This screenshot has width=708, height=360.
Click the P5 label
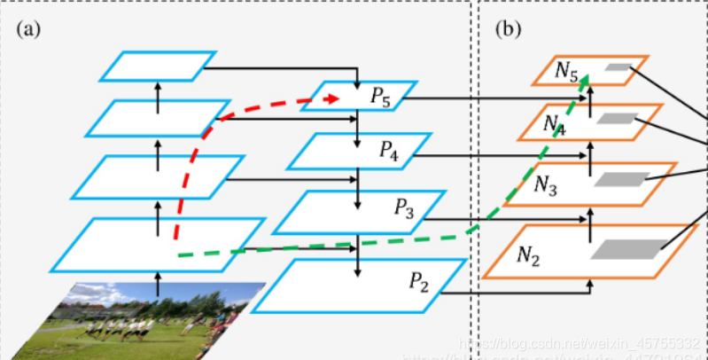tap(380, 97)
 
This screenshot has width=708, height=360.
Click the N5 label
tap(567, 71)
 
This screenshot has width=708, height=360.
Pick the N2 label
tap(530, 254)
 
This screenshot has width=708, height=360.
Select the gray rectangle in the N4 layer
tap(616, 118)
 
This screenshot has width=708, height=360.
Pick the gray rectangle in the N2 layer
tap(630, 250)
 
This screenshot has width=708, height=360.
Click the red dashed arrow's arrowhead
tap(334, 99)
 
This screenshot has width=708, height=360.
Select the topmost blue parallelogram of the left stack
tap(158, 66)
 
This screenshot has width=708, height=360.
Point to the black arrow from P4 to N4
tap(496, 155)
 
